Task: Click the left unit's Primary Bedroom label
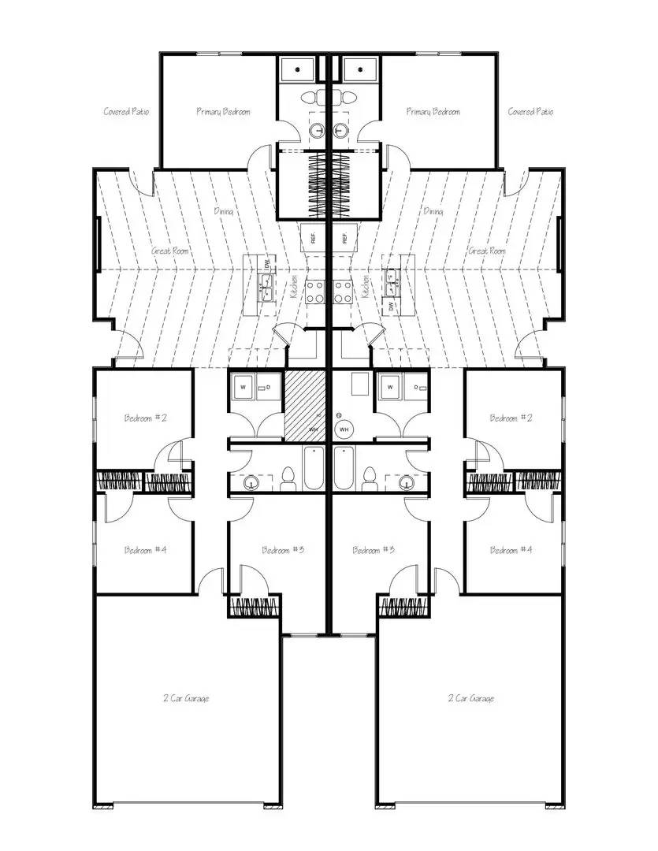tap(223, 112)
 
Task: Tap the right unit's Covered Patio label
tap(530, 112)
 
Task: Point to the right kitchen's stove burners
tap(343, 292)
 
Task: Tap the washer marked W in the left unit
tap(243, 388)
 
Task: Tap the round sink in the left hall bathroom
tap(251, 483)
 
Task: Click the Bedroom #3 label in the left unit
tap(283, 549)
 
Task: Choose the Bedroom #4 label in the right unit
tap(511, 549)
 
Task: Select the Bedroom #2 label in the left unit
tap(146, 418)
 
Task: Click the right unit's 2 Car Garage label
tap(471, 698)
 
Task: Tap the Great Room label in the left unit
tap(170, 251)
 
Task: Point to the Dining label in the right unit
tap(433, 211)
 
